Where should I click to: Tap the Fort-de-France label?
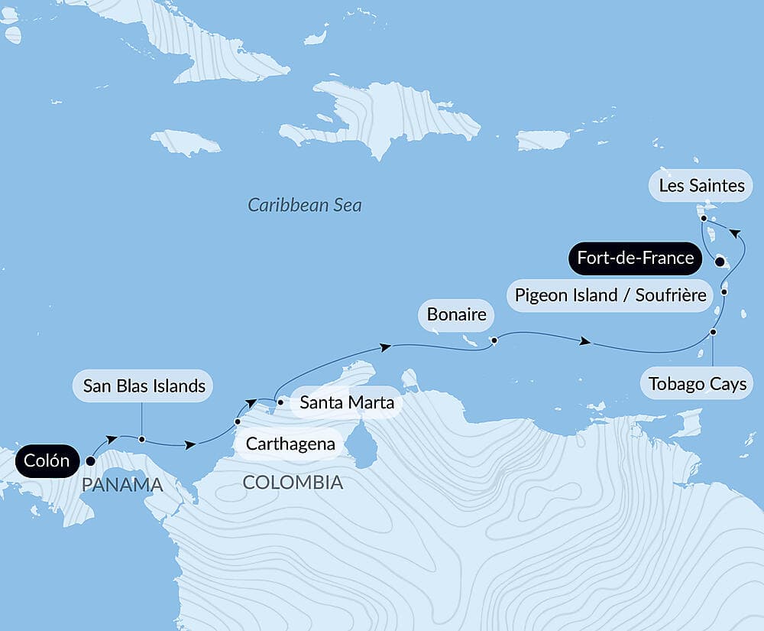tap(635, 258)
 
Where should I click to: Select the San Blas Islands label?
tap(144, 385)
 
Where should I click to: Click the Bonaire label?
tap(456, 314)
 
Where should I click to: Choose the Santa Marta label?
tap(346, 402)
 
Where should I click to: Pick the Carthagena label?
tap(290, 444)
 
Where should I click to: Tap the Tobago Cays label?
tap(697, 383)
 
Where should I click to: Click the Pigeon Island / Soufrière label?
tap(610, 294)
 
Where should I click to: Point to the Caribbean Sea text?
tap(305, 205)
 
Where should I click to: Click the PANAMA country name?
tap(122, 485)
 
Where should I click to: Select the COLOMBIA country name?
tap(293, 483)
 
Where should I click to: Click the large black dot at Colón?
tap(90, 461)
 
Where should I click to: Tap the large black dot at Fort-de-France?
tap(720, 262)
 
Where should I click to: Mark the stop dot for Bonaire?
tap(494, 340)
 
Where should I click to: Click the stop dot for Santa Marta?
tap(280, 401)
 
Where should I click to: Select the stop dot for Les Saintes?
tap(703, 218)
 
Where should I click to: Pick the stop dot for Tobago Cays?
tap(713, 332)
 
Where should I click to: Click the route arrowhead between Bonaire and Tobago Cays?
tap(585, 342)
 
